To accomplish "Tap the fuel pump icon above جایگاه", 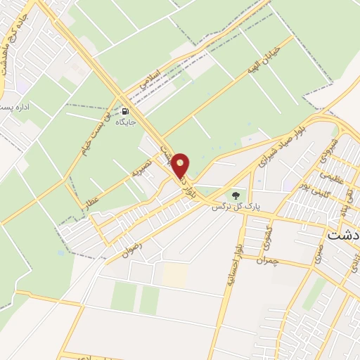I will (125, 110).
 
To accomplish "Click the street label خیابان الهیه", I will (263, 60).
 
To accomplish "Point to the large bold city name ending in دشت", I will (343, 235).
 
